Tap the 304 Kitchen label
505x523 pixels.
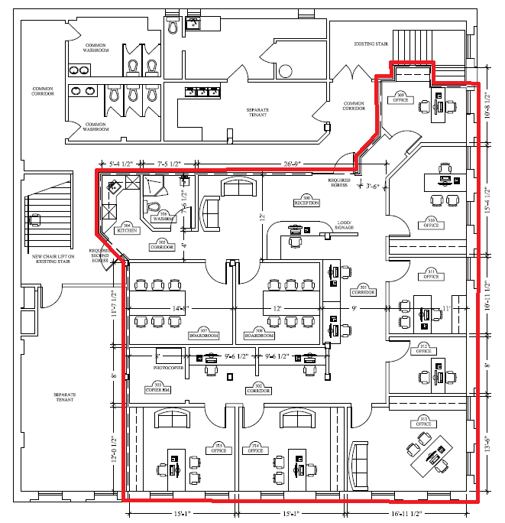pos(127,227)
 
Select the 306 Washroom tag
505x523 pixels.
pos(163,217)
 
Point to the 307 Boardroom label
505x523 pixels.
pos(203,334)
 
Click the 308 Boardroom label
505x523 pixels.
pos(258,334)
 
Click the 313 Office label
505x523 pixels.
pos(424,422)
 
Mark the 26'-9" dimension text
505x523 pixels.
pos(292,163)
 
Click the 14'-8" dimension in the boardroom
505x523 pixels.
pos(180,308)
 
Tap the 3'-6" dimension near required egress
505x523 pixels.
pos(372,186)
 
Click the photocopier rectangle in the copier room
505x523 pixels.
pos(168,356)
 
